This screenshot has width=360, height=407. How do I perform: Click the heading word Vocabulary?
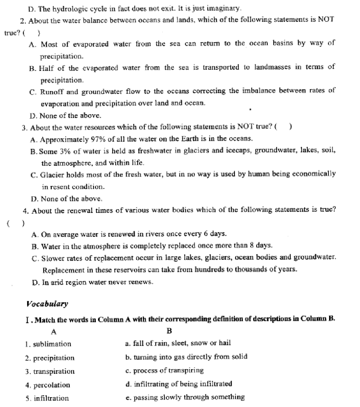click(x=47, y=304)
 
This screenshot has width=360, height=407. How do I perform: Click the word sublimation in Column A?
click(x=52, y=344)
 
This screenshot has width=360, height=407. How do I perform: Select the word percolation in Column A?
click(x=52, y=385)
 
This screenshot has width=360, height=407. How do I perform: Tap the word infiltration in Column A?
click(x=51, y=398)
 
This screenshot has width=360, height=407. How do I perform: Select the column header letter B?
click(x=169, y=331)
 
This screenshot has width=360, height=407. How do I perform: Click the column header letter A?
click(x=54, y=332)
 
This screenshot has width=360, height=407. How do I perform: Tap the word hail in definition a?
click(x=225, y=343)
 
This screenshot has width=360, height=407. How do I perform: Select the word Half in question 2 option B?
click(x=46, y=68)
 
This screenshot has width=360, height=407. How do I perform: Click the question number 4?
click(x=25, y=211)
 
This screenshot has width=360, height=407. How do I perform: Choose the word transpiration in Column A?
click(x=54, y=372)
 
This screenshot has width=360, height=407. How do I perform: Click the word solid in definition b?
click(x=239, y=357)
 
